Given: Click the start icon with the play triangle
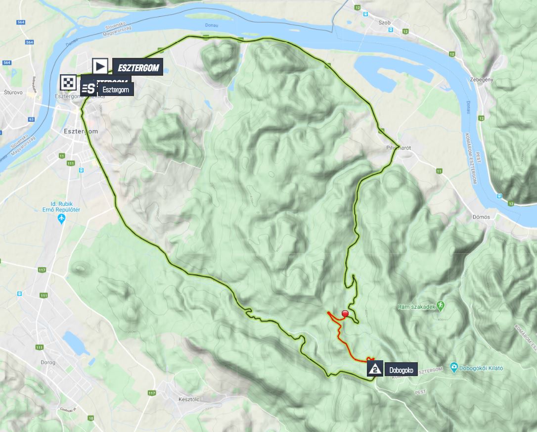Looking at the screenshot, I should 100,66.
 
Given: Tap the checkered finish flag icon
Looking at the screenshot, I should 69,83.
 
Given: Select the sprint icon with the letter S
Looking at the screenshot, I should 89,89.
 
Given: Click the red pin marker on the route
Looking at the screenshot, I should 345,314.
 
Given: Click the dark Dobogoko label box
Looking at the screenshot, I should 401,369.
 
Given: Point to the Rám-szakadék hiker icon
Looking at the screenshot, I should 441,306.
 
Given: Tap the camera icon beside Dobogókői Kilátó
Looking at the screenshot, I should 454,367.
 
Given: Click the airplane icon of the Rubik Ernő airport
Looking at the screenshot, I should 61,218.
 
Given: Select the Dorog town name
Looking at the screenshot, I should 47,362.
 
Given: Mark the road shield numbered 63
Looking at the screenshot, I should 31,119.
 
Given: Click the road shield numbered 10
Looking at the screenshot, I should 90,418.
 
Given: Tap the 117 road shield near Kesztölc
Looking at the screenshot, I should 151,393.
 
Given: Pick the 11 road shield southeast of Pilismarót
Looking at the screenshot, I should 439,171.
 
